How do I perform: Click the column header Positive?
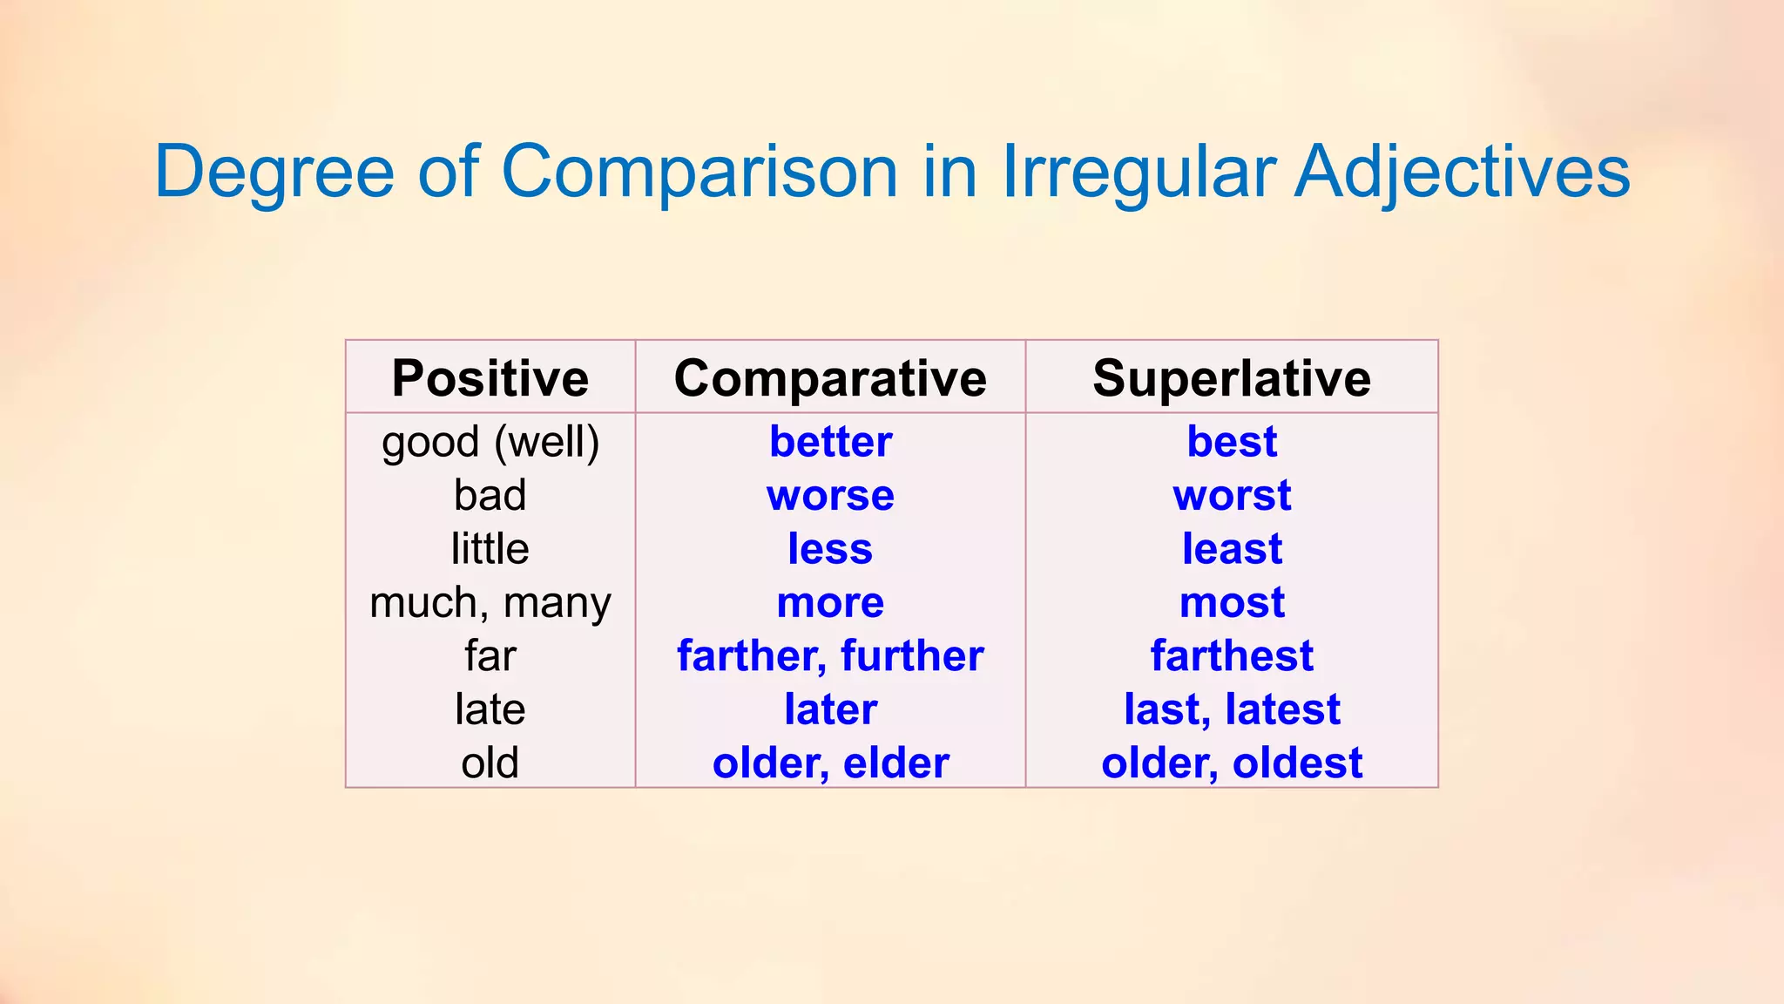click(x=490, y=378)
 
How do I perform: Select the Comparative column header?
click(x=830, y=378)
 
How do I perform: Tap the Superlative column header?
click(x=1232, y=378)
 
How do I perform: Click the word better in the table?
click(x=830, y=442)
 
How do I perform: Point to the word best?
click(x=1232, y=442)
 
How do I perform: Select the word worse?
click(x=830, y=496)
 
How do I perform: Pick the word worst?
click(x=1232, y=496)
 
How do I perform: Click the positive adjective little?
click(x=490, y=549)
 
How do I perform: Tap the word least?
click(x=1232, y=549)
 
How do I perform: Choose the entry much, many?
click(x=490, y=603)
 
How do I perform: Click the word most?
click(x=1232, y=603)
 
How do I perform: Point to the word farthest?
click(x=1232, y=656)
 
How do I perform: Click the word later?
click(x=830, y=709)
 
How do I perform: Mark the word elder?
click(x=896, y=763)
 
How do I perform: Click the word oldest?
click(x=1297, y=763)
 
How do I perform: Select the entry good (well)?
click(x=490, y=442)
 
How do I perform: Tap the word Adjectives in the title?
click(x=1462, y=172)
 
